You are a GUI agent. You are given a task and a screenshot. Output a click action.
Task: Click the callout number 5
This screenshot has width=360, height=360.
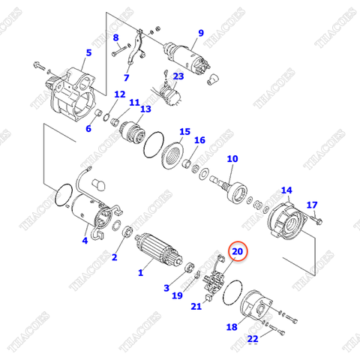click(88, 52)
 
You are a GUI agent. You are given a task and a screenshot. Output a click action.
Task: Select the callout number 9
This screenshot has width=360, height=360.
click(200, 32)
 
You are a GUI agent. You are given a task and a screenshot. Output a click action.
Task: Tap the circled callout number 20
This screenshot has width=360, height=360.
click(237, 253)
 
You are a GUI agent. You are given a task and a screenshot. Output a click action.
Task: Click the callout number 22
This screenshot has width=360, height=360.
click(253, 339)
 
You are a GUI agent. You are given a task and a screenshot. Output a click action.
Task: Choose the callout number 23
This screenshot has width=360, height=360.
click(178, 76)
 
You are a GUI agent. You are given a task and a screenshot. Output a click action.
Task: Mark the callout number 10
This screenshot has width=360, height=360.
click(232, 159)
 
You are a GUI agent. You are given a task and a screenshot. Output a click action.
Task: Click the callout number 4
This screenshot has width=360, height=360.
click(85, 240)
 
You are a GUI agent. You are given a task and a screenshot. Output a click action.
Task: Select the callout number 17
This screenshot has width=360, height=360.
click(312, 204)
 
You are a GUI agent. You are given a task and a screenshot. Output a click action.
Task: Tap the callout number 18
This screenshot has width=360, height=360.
click(231, 327)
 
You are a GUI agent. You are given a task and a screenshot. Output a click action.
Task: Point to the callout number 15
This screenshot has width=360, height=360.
click(184, 132)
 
